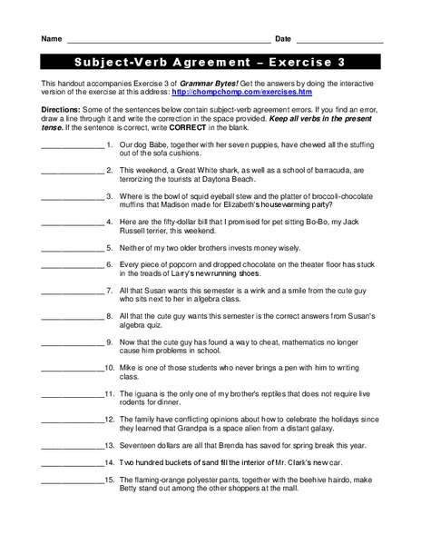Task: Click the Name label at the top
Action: click(51, 39)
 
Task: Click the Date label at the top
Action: click(283, 39)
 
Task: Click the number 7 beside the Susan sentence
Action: click(109, 291)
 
